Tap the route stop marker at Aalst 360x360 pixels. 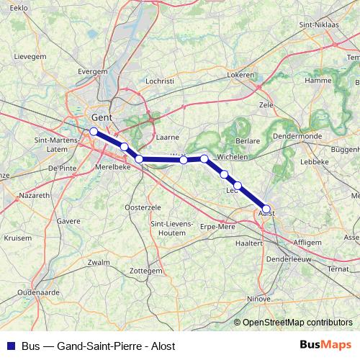coord(266,209)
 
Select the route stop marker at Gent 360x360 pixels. coord(94,131)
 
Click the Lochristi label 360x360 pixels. coord(160,81)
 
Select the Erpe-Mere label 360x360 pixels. coord(218,226)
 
